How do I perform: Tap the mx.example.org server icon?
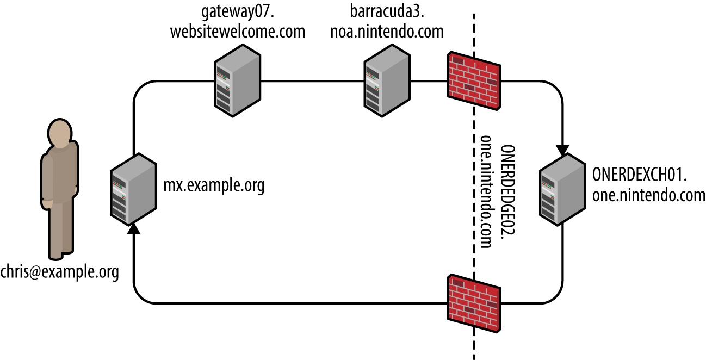tap(133, 188)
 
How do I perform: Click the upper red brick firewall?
tap(474, 80)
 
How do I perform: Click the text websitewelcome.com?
tap(237, 32)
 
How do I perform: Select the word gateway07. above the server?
tap(237, 12)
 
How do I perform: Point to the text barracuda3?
tap(386, 12)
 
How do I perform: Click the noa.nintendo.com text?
tap(386, 32)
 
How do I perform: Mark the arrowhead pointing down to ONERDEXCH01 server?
tap(562, 148)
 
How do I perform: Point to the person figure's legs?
tap(61, 228)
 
